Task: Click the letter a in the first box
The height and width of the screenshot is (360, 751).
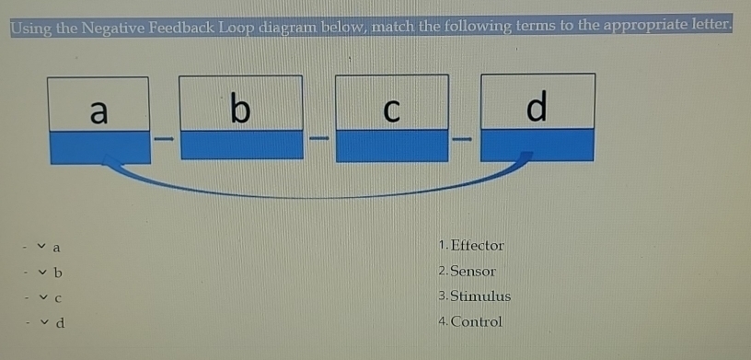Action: [99, 110]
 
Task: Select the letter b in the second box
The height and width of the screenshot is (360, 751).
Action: [239, 109]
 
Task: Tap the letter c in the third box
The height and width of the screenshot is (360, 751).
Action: [391, 110]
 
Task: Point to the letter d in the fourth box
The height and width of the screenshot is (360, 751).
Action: [537, 108]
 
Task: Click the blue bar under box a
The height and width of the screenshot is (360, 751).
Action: [98, 145]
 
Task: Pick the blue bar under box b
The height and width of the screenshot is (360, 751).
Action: [241, 145]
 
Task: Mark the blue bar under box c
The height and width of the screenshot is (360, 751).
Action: [392, 145]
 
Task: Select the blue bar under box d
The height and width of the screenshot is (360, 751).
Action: [538, 145]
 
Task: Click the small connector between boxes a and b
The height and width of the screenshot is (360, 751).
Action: [164, 140]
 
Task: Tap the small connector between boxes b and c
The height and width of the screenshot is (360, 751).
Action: [318, 140]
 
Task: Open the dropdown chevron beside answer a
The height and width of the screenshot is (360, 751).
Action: [40, 247]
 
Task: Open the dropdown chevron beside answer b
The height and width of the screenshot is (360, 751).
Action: [40, 273]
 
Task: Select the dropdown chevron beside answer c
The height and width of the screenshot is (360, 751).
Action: [40, 298]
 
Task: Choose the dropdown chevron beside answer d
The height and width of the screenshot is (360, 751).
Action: [40, 323]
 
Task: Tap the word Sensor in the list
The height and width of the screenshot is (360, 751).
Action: [473, 271]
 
